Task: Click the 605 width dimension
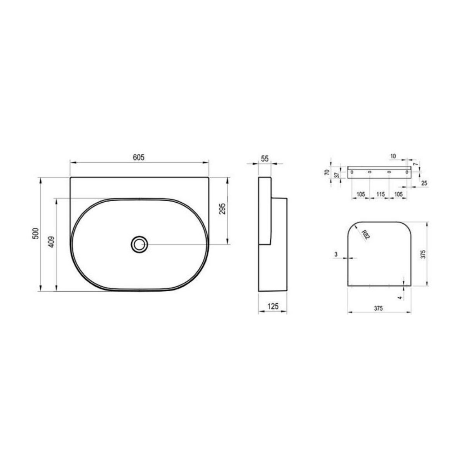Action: point(139,157)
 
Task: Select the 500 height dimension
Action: point(36,233)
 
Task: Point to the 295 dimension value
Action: point(222,209)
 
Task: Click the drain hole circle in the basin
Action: point(139,244)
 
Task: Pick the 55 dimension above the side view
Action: point(265,159)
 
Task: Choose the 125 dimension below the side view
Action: point(273,306)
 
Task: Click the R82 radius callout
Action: point(365,235)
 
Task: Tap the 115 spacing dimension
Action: point(381,194)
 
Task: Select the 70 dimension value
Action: point(327,172)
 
